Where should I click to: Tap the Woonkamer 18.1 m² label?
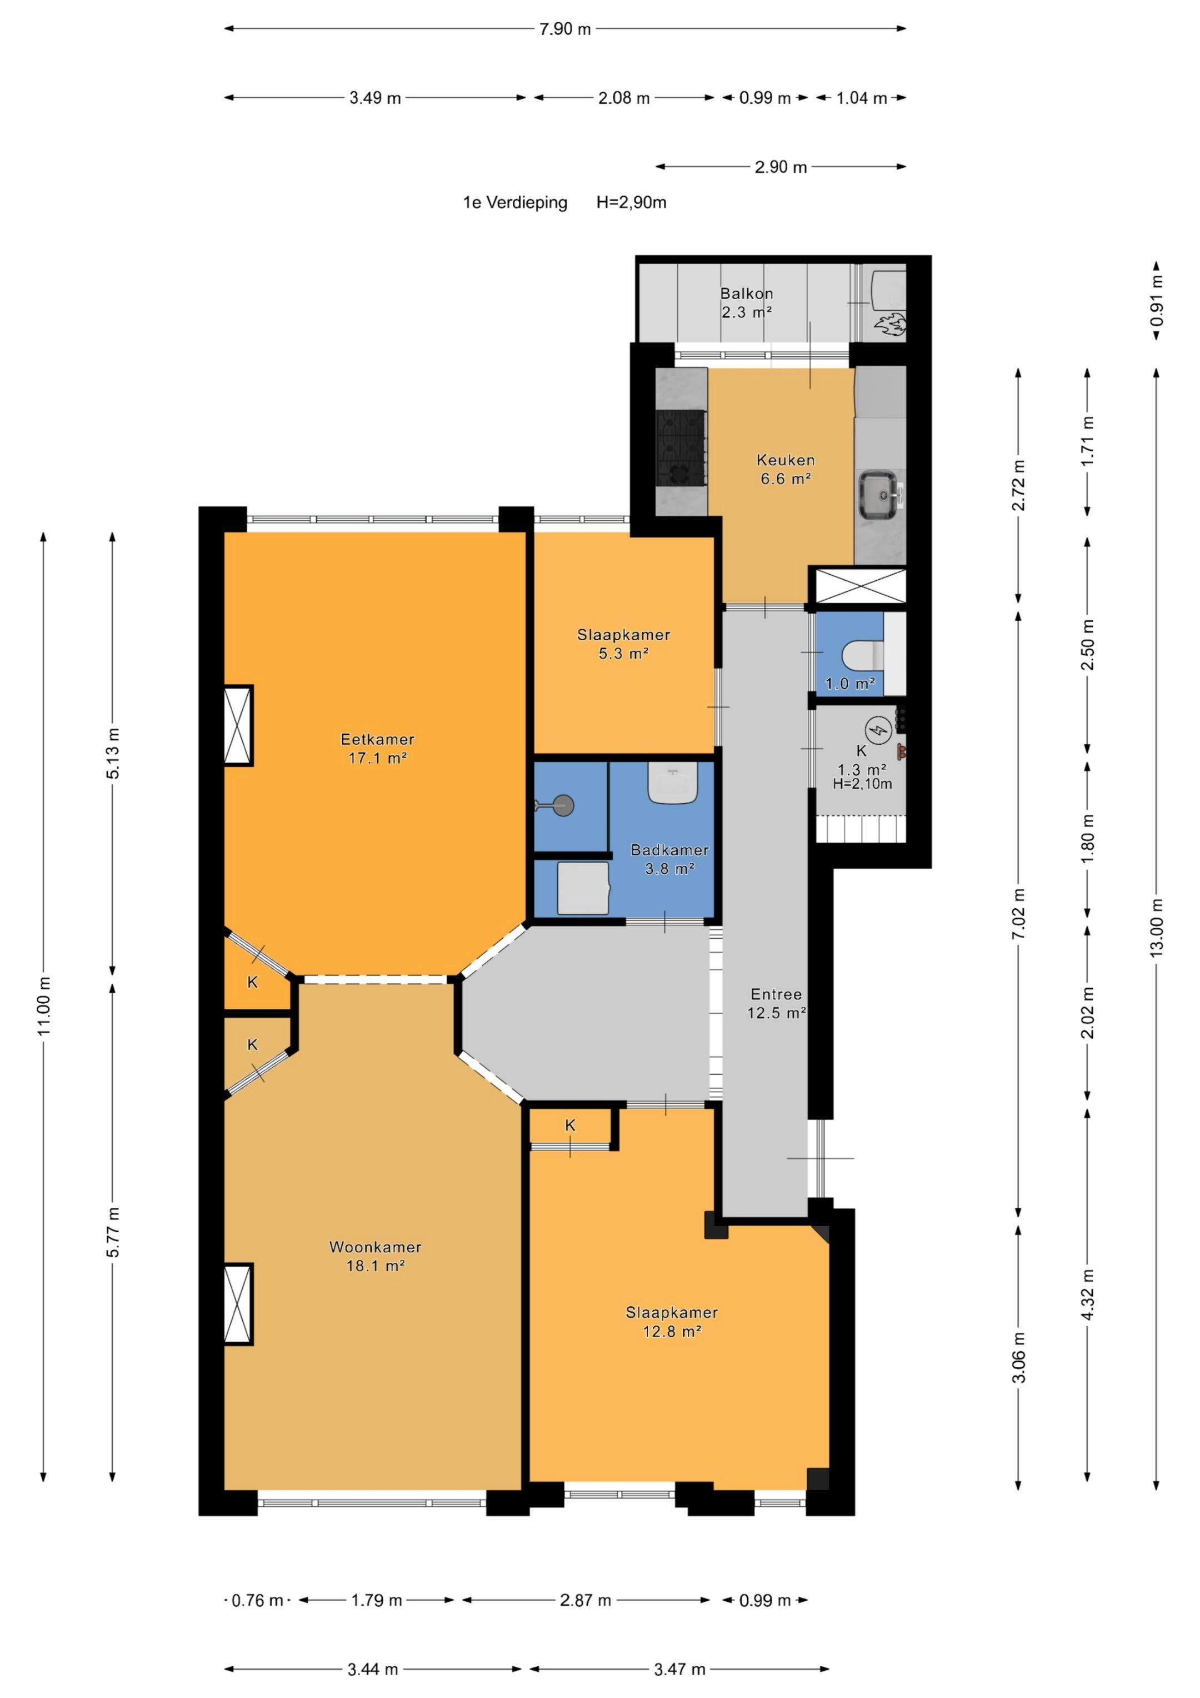[376, 1256]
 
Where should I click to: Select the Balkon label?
[747, 293]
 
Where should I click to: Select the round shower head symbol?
[563, 805]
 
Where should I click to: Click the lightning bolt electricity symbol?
[879, 731]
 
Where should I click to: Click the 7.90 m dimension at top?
[565, 29]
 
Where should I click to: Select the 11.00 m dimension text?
[44, 1007]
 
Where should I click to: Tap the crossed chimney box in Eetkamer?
[238, 725]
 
